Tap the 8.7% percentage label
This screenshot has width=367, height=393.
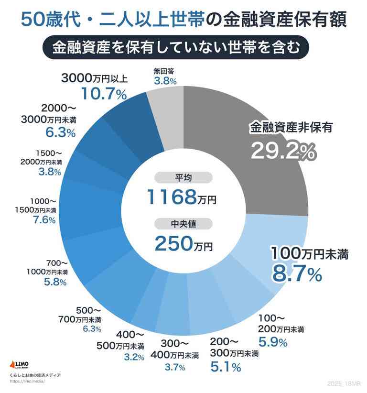coord(296,273)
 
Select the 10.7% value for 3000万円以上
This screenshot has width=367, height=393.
coord(104,93)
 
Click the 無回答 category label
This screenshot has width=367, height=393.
coord(164,71)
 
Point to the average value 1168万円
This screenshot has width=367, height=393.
coord(181,196)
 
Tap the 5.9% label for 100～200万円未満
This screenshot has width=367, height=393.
coord(272,342)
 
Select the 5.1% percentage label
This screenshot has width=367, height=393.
coord(226,367)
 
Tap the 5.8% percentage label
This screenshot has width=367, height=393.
coord(55,282)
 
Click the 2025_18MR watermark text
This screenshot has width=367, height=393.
coord(345,384)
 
